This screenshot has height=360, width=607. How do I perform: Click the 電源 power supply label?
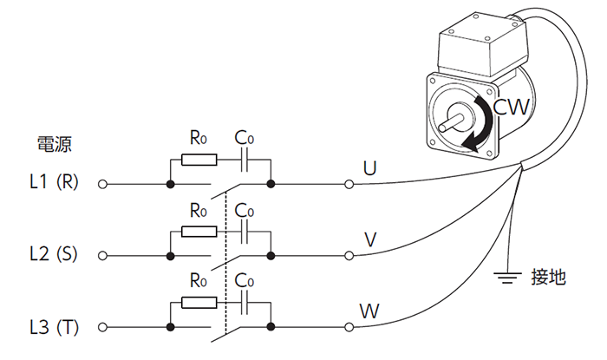click(x=54, y=144)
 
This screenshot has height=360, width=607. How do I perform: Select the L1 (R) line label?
click(x=54, y=181)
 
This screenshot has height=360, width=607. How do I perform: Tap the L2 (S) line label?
click(x=54, y=254)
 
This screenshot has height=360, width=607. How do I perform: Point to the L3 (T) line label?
click(x=54, y=327)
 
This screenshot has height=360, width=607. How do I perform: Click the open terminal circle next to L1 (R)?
click(x=102, y=184)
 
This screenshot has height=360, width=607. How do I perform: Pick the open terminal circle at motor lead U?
click(x=349, y=184)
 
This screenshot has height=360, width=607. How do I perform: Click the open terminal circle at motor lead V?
click(x=349, y=256)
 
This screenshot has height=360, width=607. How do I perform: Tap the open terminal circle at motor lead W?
click(x=349, y=327)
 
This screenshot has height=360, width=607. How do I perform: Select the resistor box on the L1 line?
click(x=199, y=160)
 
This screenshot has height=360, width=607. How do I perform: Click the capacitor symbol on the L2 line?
click(x=244, y=232)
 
